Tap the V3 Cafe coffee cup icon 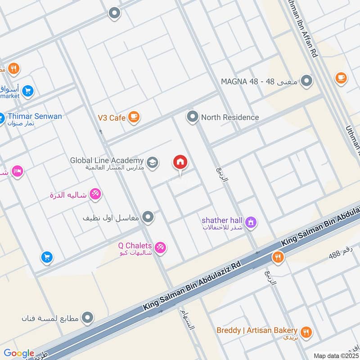[134, 117]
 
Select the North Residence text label [230, 117]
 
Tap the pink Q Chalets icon [160, 247]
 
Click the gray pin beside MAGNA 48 [307, 81]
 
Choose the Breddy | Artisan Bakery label [256, 330]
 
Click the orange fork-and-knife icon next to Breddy [306, 332]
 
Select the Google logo [19, 353]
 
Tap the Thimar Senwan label [35, 117]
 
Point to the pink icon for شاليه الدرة [95, 195]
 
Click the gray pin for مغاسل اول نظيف [148, 218]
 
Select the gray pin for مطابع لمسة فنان [88, 318]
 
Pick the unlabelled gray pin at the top [115, 13]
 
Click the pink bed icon [18, 172]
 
